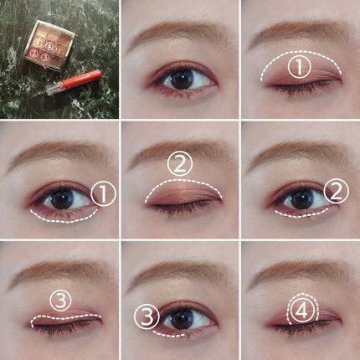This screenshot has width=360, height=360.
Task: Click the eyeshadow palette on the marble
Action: click(49, 45)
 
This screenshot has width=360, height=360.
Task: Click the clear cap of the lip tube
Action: click(54, 89)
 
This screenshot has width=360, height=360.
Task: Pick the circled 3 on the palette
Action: click(44, 57)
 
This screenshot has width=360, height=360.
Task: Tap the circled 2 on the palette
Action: click(34, 52)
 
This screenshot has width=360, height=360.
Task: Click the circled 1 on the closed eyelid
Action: click(299, 67)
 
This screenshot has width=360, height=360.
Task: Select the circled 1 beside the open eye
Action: click(103, 193)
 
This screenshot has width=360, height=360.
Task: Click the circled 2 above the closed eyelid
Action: click(180, 164)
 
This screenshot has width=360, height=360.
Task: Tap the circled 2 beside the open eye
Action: click(336, 192)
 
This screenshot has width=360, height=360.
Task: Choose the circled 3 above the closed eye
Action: click(60, 301)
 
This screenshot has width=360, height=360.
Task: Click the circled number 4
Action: click(302, 311)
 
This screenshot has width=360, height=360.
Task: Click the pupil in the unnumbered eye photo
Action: click(182, 79)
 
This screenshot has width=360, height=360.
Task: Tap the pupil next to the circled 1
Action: click(62, 198)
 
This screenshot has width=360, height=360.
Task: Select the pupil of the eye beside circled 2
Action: click(301, 199)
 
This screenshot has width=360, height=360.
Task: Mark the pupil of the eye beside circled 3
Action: click(182, 319)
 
